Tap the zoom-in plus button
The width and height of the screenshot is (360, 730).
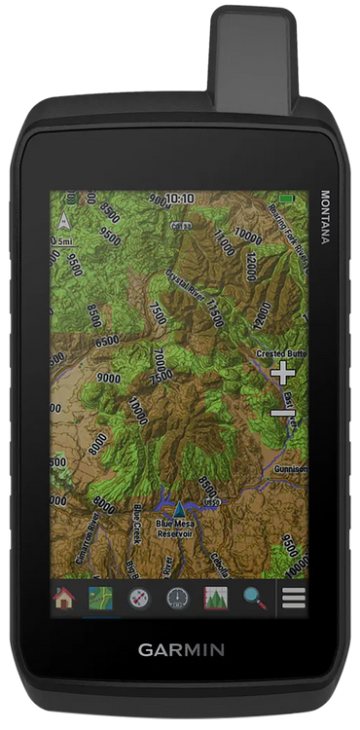click(282, 373)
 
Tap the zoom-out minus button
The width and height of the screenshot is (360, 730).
click(282, 414)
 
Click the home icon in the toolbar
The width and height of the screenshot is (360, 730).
click(64, 599)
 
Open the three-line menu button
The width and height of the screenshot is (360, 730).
click(293, 599)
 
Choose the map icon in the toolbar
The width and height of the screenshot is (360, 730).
click(101, 599)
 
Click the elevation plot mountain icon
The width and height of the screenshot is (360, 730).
click(215, 599)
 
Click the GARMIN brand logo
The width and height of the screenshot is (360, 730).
click(180, 649)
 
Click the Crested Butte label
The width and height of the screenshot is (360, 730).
click(280, 352)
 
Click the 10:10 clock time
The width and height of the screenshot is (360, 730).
click(179, 198)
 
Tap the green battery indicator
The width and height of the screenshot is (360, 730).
click(286, 198)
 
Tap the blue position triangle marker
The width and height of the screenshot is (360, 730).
click(179, 507)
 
